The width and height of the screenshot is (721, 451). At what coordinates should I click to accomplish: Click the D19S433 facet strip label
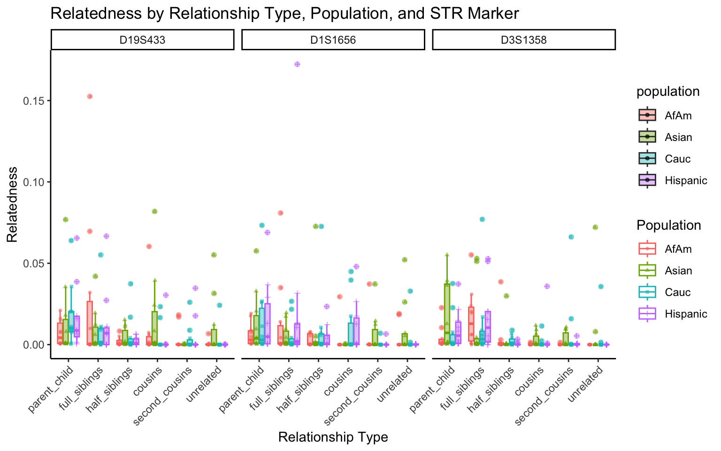point(142,40)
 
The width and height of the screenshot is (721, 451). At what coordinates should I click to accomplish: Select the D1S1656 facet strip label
point(333,40)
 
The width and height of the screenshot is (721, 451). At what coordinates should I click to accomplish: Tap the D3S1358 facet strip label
point(523,40)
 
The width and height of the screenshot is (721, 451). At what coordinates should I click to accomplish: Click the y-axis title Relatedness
point(12,204)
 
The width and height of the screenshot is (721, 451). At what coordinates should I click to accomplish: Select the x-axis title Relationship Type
point(333,437)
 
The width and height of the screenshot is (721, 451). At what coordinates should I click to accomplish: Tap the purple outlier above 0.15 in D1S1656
point(297,64)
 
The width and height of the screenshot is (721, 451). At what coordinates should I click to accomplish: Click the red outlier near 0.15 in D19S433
point(90,96)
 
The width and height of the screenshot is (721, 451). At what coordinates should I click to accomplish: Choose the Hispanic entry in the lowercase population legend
point(685,180)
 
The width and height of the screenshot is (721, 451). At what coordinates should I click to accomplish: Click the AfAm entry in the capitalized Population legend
point(678,249)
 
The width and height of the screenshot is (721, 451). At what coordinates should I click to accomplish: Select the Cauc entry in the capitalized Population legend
point(677,292)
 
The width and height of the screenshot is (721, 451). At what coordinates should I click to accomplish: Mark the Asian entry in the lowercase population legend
point(678,137)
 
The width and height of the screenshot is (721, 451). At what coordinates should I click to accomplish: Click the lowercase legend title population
point(668,92)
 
